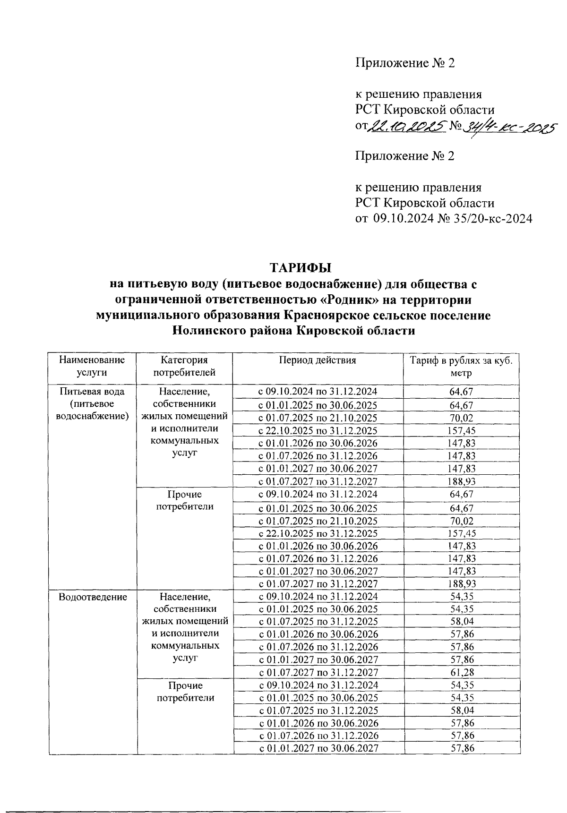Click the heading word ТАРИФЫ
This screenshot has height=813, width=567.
click(301, 268)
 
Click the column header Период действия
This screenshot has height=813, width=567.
click(317, 360)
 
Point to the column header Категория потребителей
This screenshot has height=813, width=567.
click(184, 366)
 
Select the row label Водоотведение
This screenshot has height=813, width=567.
click(93, 597)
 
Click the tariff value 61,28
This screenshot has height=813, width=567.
click(462, 672)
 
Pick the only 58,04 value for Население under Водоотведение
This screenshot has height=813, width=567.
click(462, 621)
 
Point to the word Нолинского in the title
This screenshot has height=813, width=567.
click(213, 331)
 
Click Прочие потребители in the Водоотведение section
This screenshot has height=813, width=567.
click(185, 691)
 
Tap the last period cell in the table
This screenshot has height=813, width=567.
click(318, 748)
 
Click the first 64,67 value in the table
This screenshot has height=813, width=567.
click(462, 391)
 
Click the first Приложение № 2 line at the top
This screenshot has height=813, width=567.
click(404, 63)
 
